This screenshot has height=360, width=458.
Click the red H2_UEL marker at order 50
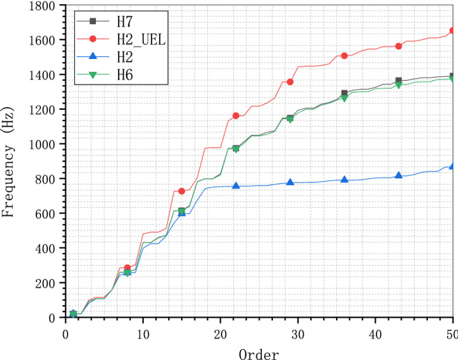[x=453, y=31]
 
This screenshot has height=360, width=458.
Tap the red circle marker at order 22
[x=236, y=115]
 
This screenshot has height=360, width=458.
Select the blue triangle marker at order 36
[x=344, y=180]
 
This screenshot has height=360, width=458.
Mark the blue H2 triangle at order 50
[x=453, y=166]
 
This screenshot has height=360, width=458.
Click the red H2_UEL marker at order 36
[x=344, y=56]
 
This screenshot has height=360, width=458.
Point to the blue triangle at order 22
[x=236, y=186]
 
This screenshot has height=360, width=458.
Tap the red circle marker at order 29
[x=290, y=82]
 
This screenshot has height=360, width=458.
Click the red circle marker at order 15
[x=182, y=191]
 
